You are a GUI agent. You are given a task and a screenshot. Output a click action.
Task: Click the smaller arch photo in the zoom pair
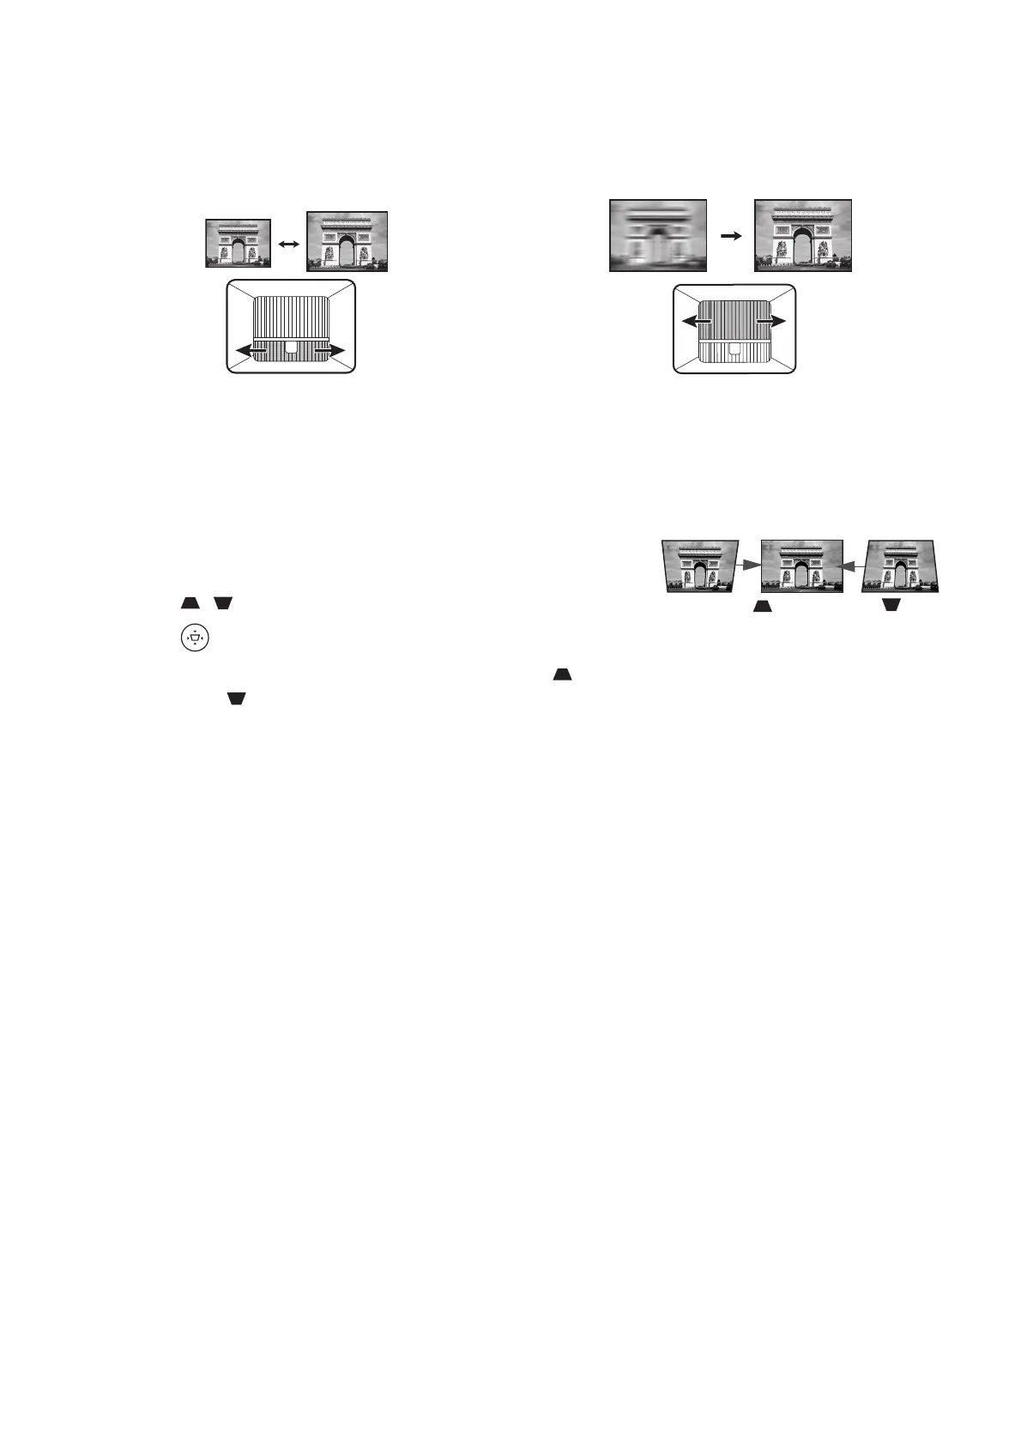[x=238, y=244]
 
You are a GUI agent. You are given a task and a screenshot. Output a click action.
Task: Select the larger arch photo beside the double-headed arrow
[x=347, y=242]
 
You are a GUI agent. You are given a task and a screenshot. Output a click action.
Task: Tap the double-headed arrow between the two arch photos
[x=289, y=245]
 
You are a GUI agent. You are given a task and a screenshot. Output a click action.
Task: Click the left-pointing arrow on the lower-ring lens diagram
[x=250, y=350]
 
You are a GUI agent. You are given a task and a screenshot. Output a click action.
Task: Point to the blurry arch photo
[x=658, y=235]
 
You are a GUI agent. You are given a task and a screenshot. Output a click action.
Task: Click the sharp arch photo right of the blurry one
[x=802, y=235]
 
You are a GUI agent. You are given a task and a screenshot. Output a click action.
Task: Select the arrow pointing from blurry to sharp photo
[x=730, y=233]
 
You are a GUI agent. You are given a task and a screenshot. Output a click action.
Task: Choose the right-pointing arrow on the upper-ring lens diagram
[x=772, y=321]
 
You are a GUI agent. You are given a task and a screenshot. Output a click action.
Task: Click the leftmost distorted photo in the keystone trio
[x=700, y=566]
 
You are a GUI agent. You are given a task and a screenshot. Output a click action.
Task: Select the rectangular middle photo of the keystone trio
[x=801, y=566]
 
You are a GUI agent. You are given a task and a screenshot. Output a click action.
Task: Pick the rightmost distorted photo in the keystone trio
[x=903, y=566]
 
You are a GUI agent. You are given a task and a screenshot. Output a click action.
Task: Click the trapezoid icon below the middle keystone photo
[x=762, y=606]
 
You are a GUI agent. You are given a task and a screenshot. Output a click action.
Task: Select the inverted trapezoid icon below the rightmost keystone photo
[x=891, y=606]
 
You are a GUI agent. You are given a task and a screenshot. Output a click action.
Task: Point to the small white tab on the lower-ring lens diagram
[x=290, y=348]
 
